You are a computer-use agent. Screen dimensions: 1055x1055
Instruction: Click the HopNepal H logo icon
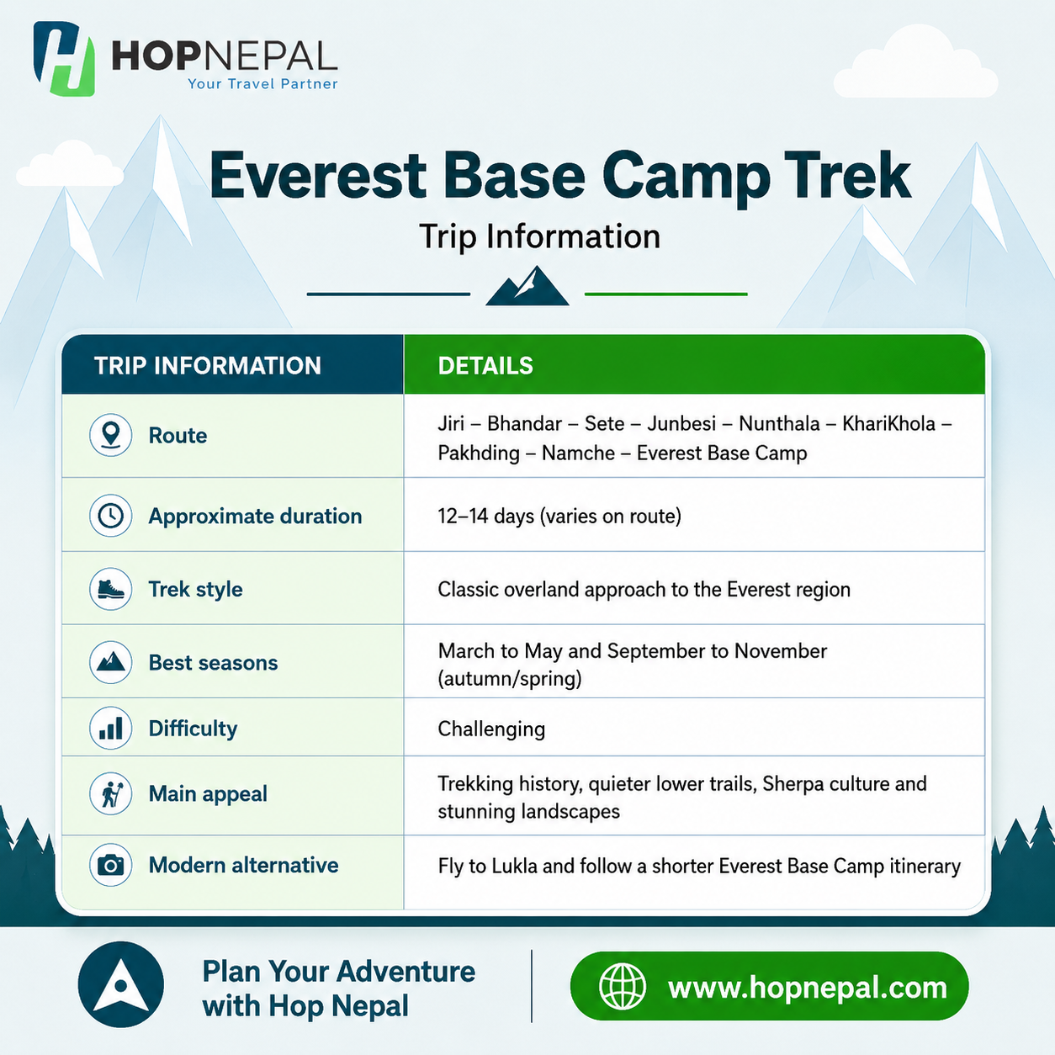(64, 59)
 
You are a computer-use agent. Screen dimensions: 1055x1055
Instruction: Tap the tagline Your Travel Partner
(262, 84)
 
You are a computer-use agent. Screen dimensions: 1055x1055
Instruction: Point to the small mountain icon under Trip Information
(527, 285)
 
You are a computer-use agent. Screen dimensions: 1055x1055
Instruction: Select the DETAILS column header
(485, 366)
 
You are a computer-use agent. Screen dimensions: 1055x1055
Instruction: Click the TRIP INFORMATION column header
(208, 366)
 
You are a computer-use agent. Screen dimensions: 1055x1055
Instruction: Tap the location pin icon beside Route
(110, 435)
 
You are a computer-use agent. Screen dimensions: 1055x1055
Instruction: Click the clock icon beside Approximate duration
(110, 516)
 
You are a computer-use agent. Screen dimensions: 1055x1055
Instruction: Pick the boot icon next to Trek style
(110, 589)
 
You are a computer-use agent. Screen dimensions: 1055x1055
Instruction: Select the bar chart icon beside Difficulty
(110, 729)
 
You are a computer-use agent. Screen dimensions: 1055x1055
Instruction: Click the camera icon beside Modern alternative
(110, 865)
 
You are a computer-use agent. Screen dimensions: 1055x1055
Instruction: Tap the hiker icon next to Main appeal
(110, 793)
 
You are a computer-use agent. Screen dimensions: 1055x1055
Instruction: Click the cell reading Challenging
(491, 729)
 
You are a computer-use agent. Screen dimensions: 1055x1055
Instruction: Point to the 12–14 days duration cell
(559, 516)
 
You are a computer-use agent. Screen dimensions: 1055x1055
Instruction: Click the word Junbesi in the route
(681, 424)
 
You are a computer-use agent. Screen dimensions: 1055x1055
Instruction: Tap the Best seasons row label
(213, 662)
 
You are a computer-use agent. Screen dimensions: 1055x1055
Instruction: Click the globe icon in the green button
(622, 986)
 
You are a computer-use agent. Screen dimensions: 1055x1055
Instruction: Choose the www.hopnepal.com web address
(808, 989)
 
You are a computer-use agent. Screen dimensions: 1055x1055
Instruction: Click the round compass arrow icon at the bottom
(121, 984)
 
